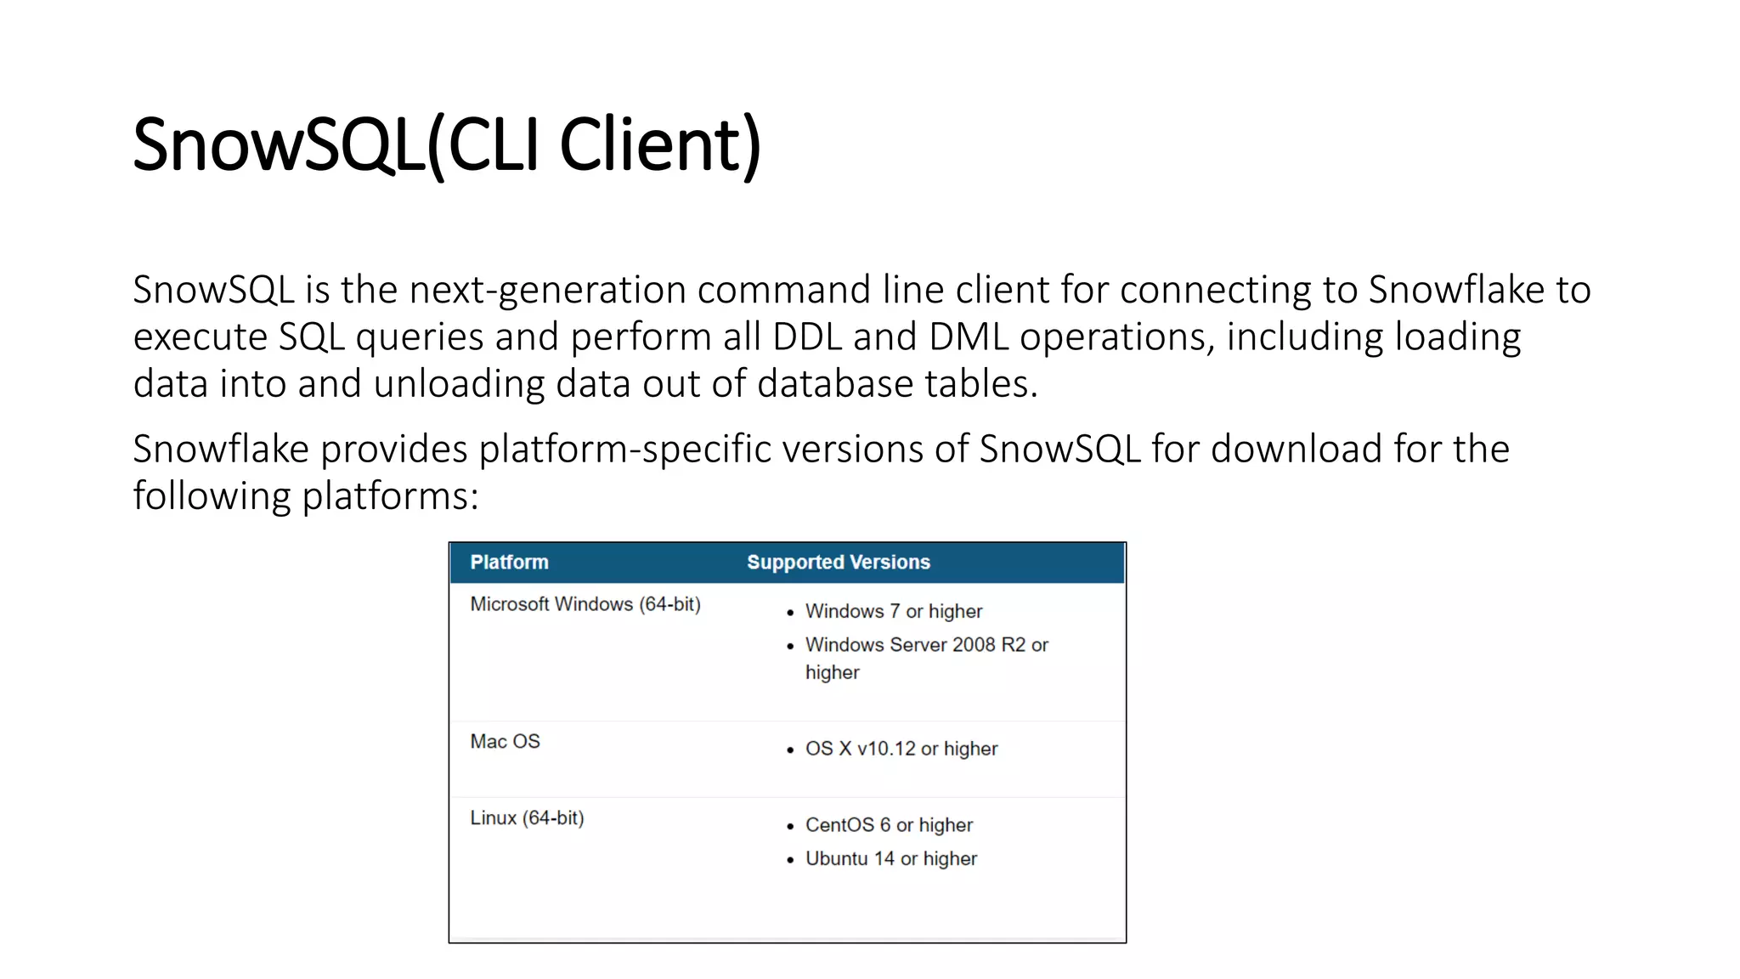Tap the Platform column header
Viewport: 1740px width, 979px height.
click(x=509, y=563)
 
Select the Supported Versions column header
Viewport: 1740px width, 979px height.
click(x=838, y=563)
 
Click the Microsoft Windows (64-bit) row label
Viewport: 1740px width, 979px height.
click(x=585, y=604)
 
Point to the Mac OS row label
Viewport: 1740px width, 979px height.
click(x=505, y=742)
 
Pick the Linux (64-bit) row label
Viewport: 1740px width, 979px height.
click(x=527, y=818)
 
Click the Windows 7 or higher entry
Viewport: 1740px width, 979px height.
click(x=893, y=612)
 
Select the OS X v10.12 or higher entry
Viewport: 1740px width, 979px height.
click(x=901, y=749)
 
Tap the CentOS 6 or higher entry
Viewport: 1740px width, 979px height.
click(x=889, y=825)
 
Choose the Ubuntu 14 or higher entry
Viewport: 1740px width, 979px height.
click(x=890, y=859)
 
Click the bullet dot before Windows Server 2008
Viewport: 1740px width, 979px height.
click(x=790, y=647)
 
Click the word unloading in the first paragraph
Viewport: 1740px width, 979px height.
click(x=459, y=384)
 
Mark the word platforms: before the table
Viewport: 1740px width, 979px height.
click(x=390, y=496)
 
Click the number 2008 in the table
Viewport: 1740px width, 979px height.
click(x=974, y=645)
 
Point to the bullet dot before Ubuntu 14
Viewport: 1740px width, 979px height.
click(x=790, y=860)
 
